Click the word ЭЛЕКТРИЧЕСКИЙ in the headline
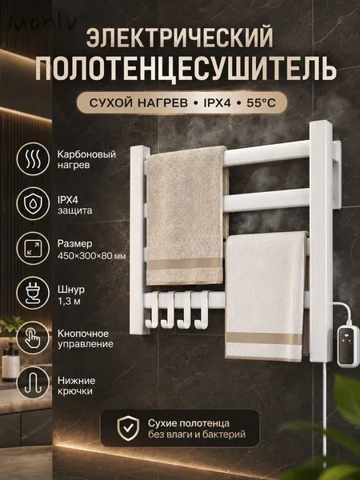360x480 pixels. [180, 38]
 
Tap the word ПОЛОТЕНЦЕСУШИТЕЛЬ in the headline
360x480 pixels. [186, 68]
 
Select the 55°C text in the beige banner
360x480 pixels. [261, 103]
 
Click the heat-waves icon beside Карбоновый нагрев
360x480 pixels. [33, 159]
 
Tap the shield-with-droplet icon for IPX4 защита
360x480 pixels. [33, 203]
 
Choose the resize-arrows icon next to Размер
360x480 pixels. [33, 248]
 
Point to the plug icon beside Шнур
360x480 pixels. [33, 293]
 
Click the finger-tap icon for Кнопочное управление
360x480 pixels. [33, 338]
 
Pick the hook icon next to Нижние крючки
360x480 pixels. [33, 382]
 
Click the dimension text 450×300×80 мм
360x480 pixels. [91, 256]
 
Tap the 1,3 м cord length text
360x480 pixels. [69, 302]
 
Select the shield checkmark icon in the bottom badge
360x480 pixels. [128, 428]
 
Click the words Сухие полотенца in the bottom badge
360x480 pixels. [189, 423]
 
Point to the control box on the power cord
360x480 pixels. [348, 346]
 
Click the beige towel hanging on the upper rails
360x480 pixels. [186, 216]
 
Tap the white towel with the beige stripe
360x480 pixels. [265, 296]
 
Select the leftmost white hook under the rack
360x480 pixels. [152, 310]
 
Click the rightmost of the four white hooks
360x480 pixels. [202, 310]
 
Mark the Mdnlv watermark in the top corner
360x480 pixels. [42, 22]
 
